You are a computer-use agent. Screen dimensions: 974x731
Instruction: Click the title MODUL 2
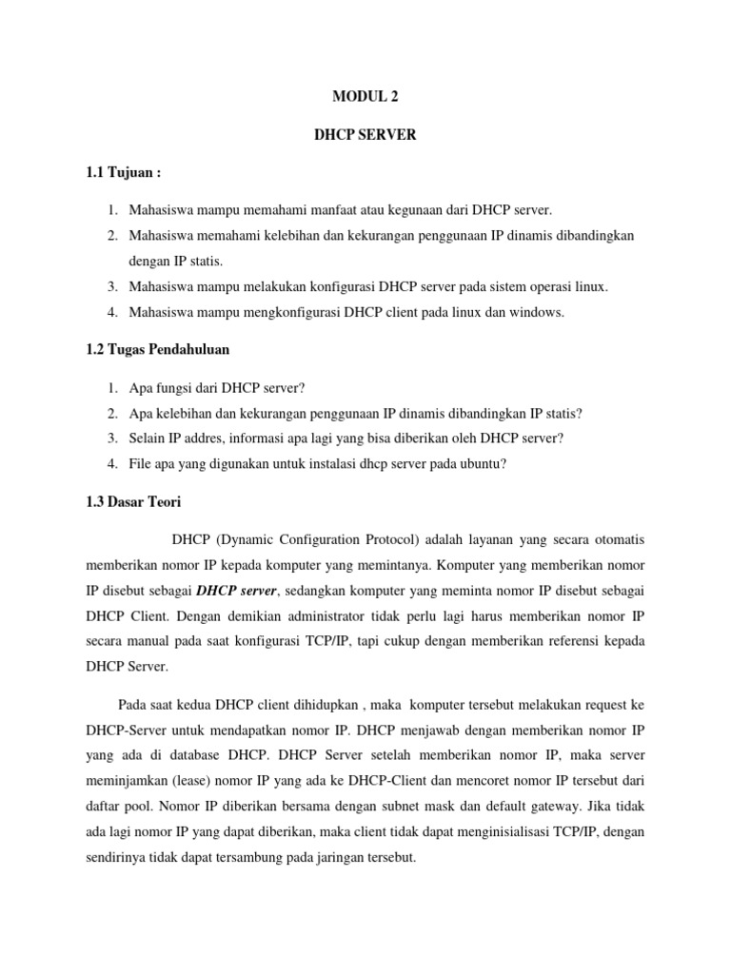(365, 96)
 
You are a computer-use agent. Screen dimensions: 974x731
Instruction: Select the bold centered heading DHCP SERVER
(365, 135)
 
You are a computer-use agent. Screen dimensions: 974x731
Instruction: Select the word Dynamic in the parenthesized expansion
(247, 539)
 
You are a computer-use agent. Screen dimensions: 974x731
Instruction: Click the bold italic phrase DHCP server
(236, 591)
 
